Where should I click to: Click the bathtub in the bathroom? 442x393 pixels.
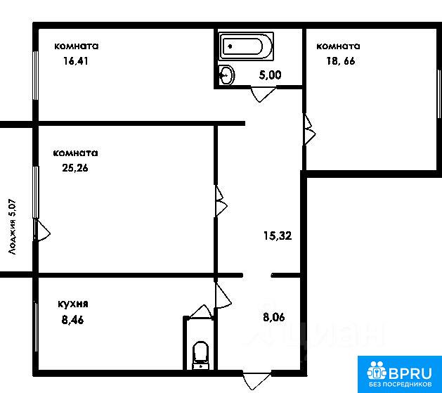click(x=247, y=46)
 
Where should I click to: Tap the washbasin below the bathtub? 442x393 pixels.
click(x=226, y=75)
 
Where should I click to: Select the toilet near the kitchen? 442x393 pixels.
click(x=200, y=355)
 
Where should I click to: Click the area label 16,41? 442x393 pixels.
click(x=76, y=61)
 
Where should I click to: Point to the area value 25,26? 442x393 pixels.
click(x=75, y=168)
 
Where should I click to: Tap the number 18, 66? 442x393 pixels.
click(x=341, y=61)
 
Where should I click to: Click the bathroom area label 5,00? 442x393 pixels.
click(x=270, y=75)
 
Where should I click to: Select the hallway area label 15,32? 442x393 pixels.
click(x=278, y=236)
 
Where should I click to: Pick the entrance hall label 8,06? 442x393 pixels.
click(x=274, y=317)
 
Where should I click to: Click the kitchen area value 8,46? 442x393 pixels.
click(x=72, y=321)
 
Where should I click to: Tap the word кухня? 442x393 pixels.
click(x=73, y=304)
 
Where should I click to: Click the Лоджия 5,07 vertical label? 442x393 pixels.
click(x=13, y=227)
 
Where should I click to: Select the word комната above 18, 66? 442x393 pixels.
click(x=338, y=46)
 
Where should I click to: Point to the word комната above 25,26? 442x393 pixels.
click(x=76, y=153)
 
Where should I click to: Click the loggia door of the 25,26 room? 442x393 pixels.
click(x=41, y=231)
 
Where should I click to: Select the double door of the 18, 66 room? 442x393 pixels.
click(x=309, y=129)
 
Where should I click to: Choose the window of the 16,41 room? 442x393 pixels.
click(x=36, y=75)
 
